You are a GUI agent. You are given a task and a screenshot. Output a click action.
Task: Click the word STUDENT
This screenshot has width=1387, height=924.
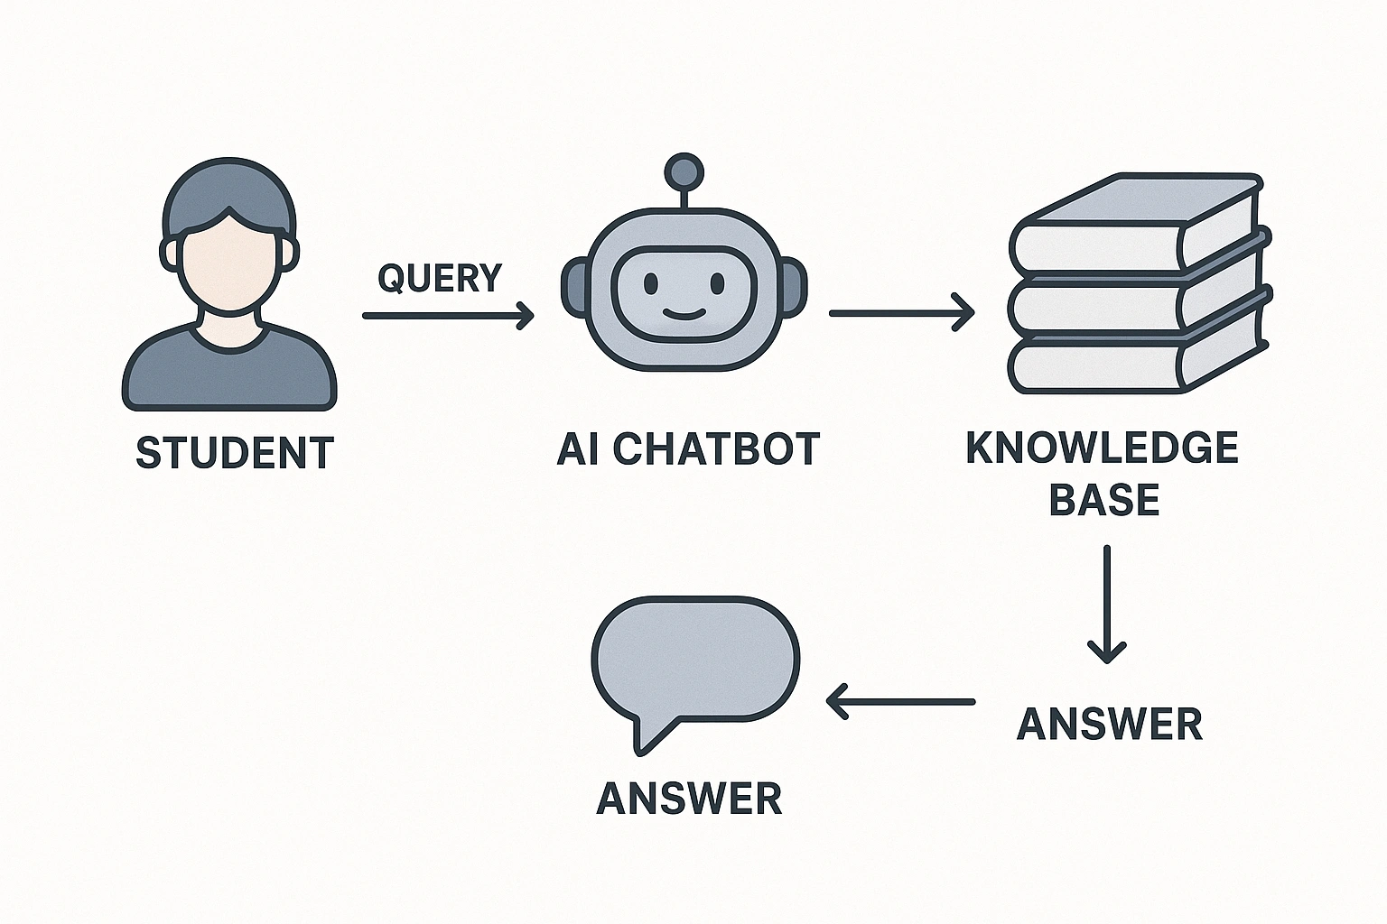tap(235, 453)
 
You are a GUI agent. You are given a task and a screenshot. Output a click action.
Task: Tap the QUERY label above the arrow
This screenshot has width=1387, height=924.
tap(440, 278)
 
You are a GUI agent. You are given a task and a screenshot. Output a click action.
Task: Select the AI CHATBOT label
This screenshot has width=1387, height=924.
tap(688, 449)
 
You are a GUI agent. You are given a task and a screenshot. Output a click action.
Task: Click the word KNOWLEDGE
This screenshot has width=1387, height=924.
tap(1103, 448)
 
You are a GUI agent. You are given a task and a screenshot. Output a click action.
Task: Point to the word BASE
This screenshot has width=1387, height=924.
tap(1103, 499)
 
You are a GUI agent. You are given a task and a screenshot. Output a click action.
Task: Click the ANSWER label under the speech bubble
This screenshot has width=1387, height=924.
tap(689, 799)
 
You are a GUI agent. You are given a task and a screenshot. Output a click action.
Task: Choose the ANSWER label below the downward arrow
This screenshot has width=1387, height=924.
tap(1110, 724)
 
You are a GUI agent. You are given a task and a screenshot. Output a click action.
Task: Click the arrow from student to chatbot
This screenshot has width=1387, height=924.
tap(448, 316)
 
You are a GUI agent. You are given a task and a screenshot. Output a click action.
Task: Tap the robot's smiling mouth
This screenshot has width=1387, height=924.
tap(683, 313)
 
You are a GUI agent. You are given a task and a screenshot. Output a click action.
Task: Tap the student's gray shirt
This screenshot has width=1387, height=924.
tap(229, 370)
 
